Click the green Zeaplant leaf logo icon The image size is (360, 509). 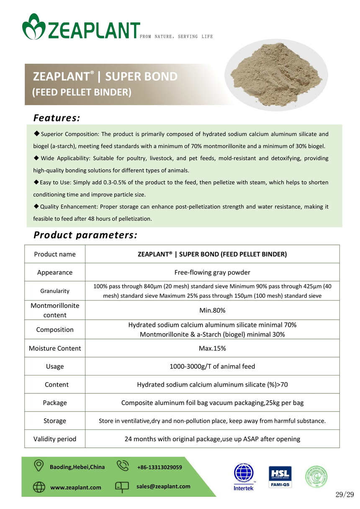tap(33, 26)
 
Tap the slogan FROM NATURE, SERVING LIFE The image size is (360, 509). tap(176, 37)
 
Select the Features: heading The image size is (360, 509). tap(57, 118)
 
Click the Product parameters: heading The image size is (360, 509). tap(85, 235)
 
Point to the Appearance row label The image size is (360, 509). tap(55, 272)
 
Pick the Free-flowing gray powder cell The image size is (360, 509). tap(212, 272)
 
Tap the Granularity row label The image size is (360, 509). tap(55, 291)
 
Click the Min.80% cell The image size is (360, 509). tap(212, 310)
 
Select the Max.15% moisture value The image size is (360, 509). tap(212, 348)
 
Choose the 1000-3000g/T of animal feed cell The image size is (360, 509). tap(212, 366)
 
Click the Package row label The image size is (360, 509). tap(55, 403)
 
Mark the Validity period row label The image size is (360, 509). tap(55, 439)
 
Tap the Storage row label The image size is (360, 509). tap(55, 421)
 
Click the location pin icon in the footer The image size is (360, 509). tap(39, 466)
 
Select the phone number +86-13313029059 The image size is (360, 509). tap(159, 467)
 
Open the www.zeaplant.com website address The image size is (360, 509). tap(76, 487)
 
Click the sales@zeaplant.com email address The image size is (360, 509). tap(163, 486)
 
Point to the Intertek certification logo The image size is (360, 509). tap(244, 477)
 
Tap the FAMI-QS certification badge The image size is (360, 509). tap(280, 477)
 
